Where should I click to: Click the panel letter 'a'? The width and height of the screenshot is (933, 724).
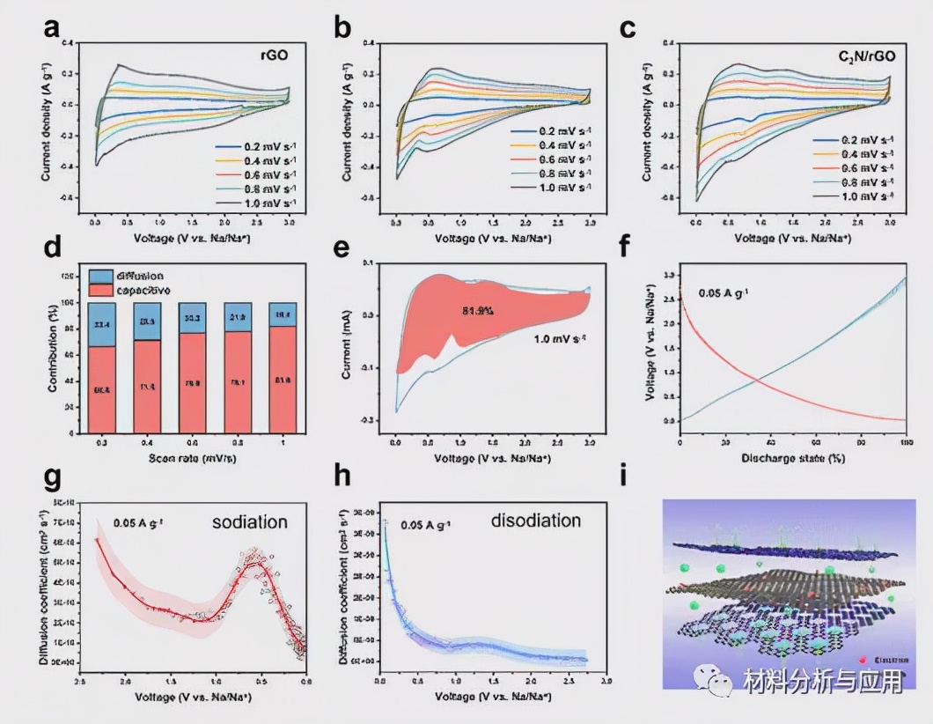[52, 29]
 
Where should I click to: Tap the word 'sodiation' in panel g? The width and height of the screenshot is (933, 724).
[250, 522]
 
